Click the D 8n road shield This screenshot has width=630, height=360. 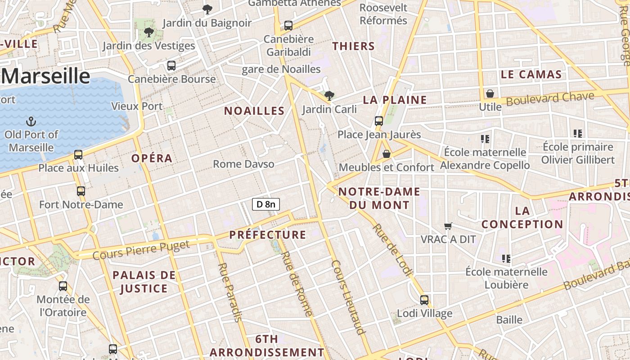[266, 204]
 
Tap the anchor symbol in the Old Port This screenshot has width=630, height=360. [31, 121]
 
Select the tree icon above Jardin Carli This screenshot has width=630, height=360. [329, 95]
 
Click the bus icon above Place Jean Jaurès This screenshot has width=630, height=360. [379, 121]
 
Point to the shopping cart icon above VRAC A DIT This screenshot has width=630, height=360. [448, 226]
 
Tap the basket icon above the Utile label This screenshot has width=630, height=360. [490, 94]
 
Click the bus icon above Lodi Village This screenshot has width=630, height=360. [424, 300]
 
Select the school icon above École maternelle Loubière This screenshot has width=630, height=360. [506, 259]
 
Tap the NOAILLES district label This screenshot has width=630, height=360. [254, 111]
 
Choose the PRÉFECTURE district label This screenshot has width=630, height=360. [268, 234]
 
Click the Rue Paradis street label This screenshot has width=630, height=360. [229, 292]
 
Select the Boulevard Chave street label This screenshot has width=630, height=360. [550, 98]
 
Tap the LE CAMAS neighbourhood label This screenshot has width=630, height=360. [531, 74]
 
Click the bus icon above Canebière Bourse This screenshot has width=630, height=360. [171, 65]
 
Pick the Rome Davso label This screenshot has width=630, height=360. [243, 164]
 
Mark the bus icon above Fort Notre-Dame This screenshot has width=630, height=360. [81, 191]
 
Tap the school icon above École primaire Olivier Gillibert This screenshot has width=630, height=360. [578, 134]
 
